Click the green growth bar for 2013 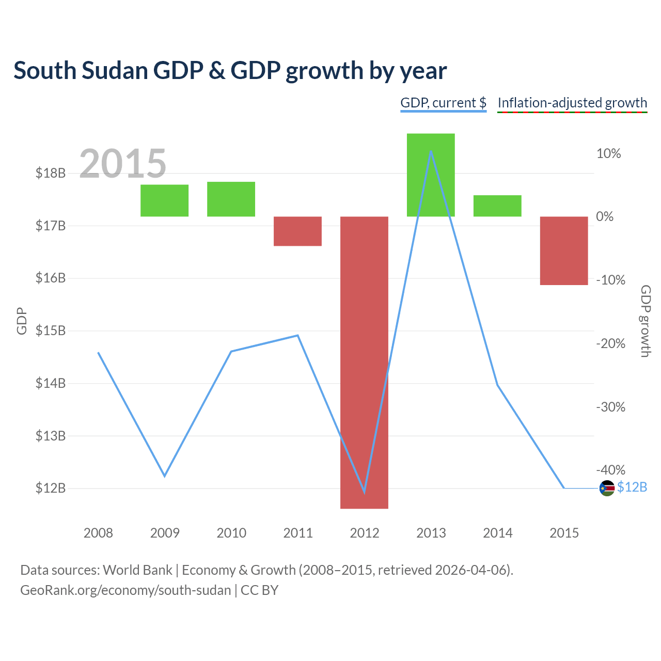click(431, 175)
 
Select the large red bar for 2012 click(364, 362)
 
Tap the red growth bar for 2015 click(564, 250)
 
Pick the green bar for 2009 click(164, 200)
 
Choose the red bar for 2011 click(297, 231)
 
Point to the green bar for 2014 click(497, 206)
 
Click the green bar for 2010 click(231, 199)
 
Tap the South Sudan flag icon click(607, 488)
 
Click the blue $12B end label click(632, 487)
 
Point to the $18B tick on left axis click(51, 173)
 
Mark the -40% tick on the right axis click(610, 469)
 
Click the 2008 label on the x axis click(98, 533)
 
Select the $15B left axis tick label click(51, 330)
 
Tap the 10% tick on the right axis click(608, 153)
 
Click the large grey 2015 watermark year click(122, 163)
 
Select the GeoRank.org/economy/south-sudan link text click(125, 590)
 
